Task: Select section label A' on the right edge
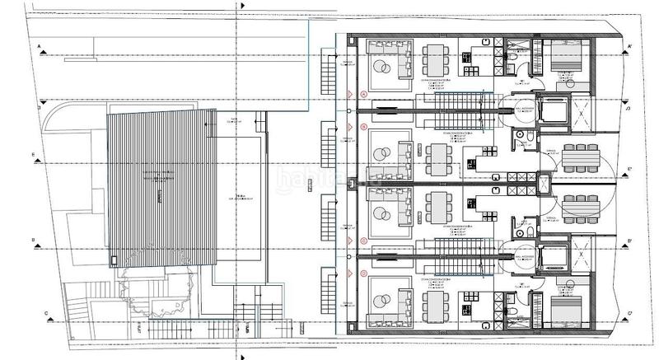pos(629,46)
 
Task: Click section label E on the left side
pos(34,154)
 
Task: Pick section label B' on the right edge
pos(629,241)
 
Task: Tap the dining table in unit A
pos(434,59)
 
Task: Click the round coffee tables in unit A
pos(383,65)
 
